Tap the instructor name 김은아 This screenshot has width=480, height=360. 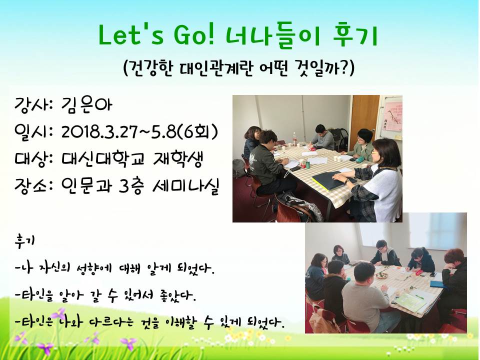coord(86,104)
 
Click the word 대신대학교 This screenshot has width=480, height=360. coord(102,159)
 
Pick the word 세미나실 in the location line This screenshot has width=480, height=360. coord(185,185)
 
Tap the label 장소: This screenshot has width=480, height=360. coord(34,186)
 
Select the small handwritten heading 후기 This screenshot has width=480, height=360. coord(24,240)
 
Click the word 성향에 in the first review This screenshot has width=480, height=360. coord(92,267)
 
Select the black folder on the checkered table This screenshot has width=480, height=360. coord(333,180)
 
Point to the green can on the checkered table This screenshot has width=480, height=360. coord(308,164)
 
